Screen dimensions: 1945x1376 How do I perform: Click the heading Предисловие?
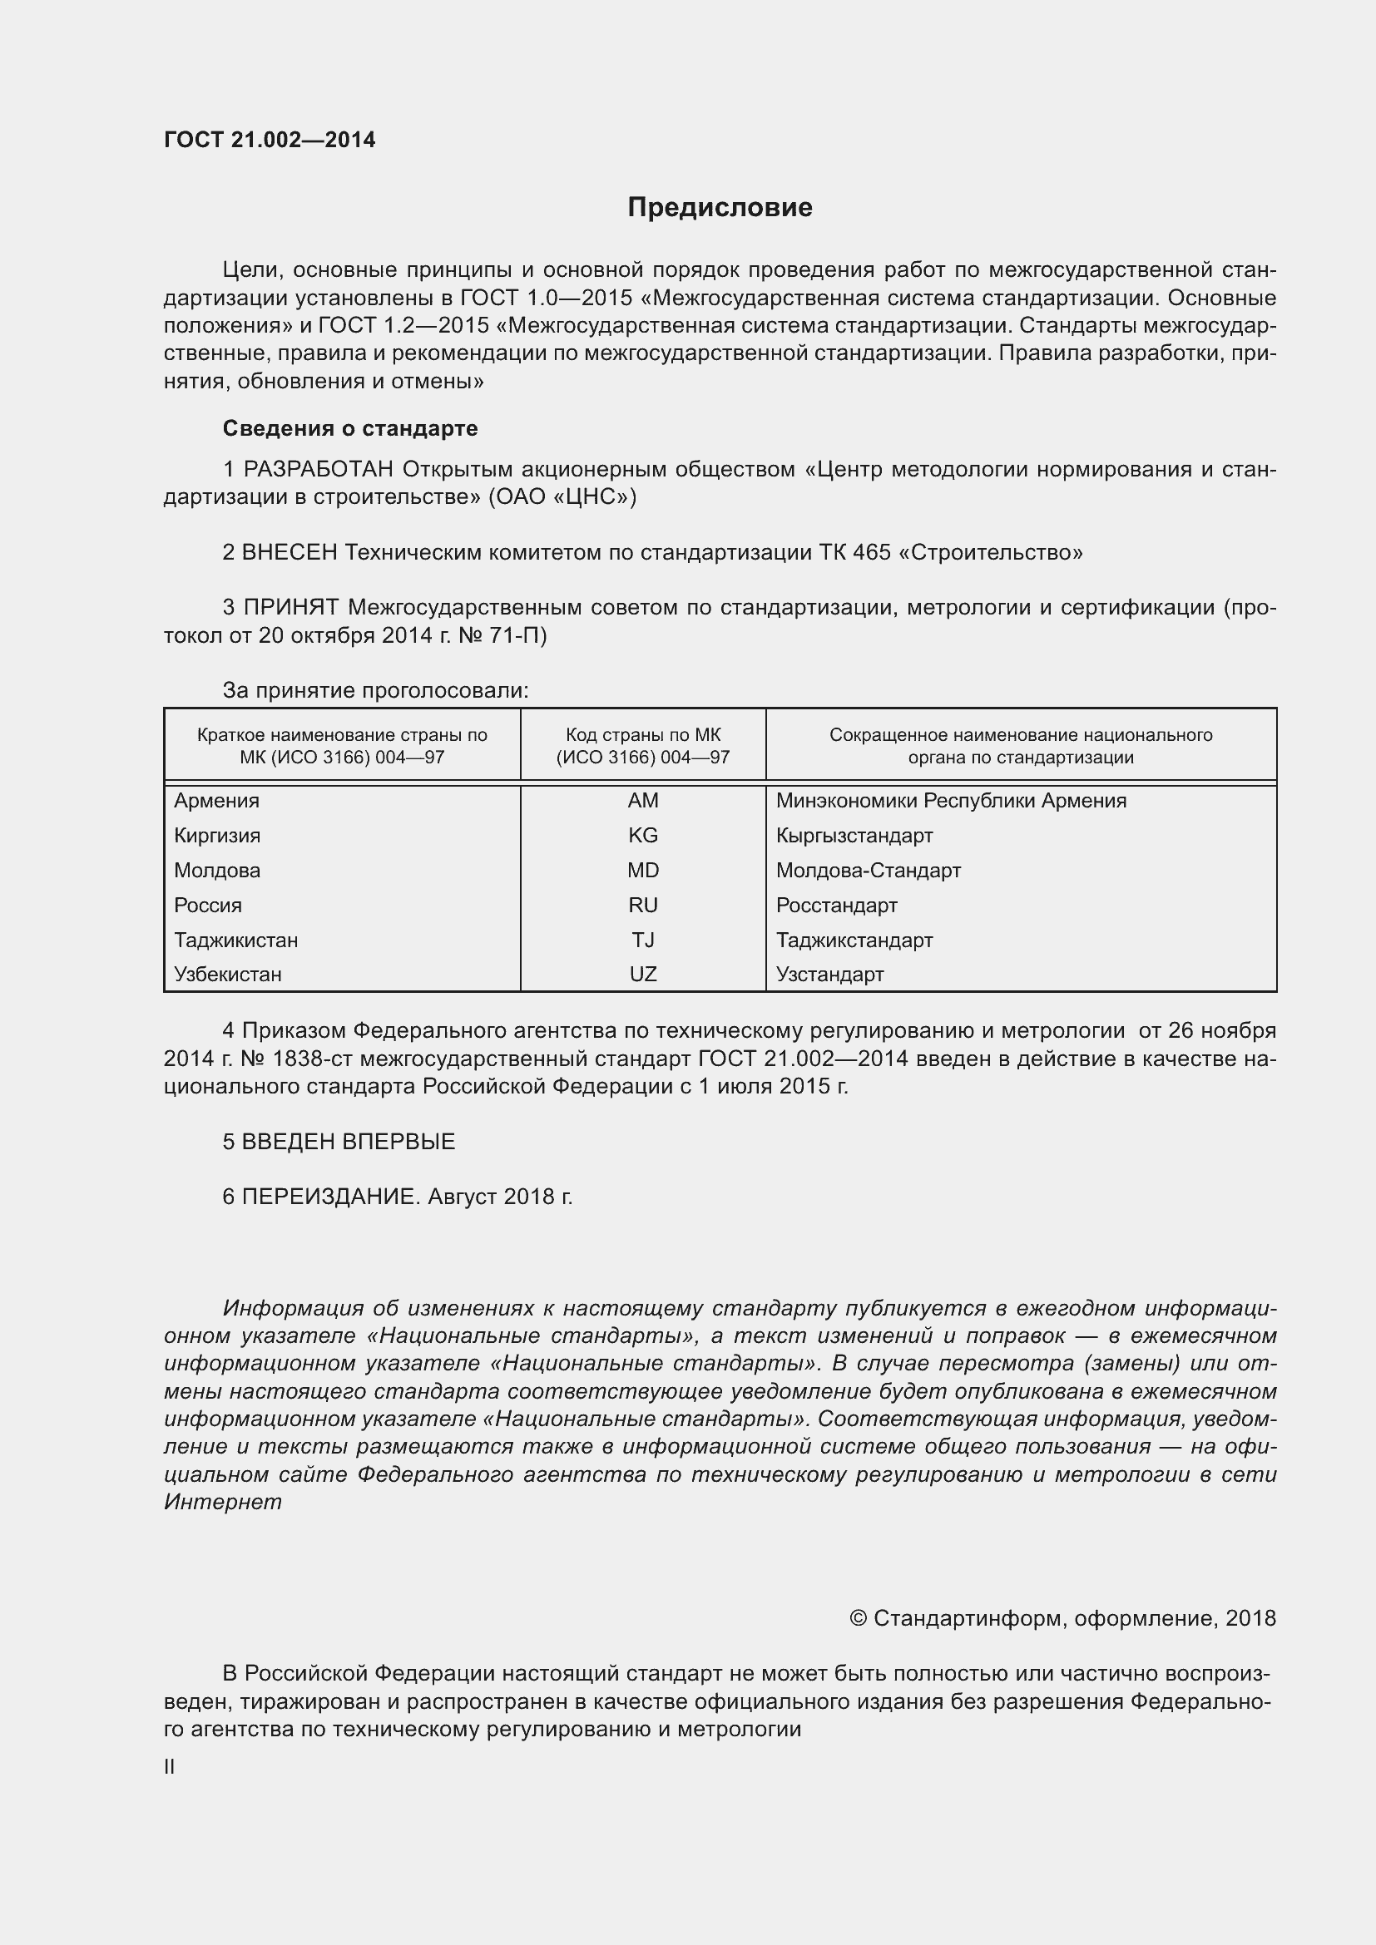[720, 208]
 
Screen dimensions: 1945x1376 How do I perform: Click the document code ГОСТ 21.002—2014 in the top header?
[270, 140]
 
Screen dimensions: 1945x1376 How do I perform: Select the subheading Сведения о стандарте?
[350, 428]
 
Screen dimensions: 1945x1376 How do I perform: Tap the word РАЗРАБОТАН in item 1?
[319, 469]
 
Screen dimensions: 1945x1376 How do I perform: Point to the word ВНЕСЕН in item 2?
[289, 553]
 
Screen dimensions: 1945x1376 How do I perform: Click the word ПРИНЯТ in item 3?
[290, 607]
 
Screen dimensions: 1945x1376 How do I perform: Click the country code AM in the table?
[642, 801]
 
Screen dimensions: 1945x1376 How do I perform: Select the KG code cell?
[642, 835]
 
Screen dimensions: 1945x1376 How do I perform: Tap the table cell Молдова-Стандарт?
[868, 871]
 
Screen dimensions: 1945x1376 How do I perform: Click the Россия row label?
[208, 906]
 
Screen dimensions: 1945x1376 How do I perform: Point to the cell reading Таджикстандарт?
[854, 940]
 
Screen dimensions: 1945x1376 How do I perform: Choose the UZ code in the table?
[642, 975]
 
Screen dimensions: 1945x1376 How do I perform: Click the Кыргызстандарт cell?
[854, 835]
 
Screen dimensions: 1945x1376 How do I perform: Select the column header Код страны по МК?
[642, 735]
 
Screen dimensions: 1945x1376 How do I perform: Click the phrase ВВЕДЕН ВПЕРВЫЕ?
[349, 1142]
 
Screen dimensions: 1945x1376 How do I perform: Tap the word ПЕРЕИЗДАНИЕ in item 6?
[330, 1197]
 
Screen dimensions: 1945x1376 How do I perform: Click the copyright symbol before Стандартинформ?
[858, 1619]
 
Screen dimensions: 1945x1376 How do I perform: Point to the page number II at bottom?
[170, 1767]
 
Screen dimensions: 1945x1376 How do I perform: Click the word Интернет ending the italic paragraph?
[222, 1503]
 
